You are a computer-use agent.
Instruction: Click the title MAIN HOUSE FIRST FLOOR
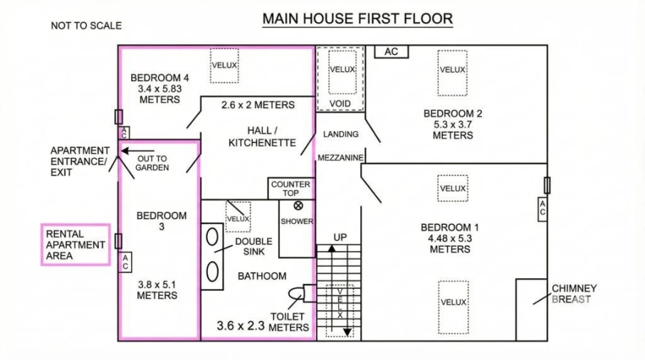point(357,19)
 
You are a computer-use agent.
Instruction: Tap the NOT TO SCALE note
point(86,26)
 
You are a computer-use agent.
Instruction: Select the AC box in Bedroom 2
point(391,51)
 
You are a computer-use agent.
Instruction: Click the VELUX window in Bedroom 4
point(224,65)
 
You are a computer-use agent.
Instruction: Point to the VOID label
point(340,104)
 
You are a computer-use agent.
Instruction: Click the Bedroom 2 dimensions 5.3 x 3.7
point(453,125)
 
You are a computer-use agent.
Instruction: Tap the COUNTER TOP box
point(290,189)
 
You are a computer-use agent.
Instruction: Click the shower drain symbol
point(298,206)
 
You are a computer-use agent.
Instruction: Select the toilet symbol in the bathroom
point(296,294)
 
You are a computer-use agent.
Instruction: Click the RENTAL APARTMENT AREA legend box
point(75,245)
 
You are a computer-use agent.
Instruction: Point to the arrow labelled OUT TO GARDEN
point(137,151)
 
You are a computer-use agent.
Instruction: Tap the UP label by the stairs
point(340,238)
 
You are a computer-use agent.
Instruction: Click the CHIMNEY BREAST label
point(574,294)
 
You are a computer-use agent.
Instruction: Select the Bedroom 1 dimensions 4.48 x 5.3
point(450,238)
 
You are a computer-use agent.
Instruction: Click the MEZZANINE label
point(340,158)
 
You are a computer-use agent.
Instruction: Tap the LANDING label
point(340,134)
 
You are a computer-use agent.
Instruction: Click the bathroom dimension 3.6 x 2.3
point(241,326)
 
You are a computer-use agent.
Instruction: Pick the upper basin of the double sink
point(212,237)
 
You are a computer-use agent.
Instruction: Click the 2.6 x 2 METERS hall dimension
point(258,105)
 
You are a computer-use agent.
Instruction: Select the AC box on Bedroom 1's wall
point(542,209)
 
